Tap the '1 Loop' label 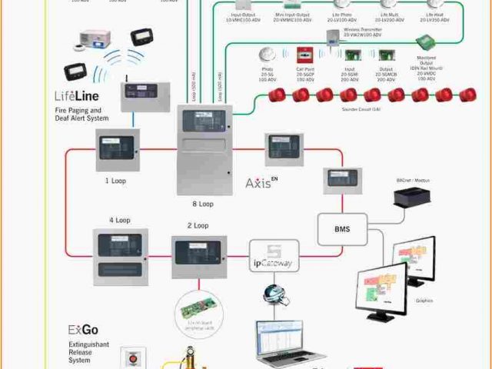click(x=116, y=181)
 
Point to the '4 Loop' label click(x=118, y=221)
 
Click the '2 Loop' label click(x=198, y=225)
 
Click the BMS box click(x=342, y=228)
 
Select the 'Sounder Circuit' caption click(x=361, y=110)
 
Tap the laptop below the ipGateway click(x=286, y=342)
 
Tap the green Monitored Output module click(x=424, y=43)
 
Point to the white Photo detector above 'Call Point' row click(x=268, y=55)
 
